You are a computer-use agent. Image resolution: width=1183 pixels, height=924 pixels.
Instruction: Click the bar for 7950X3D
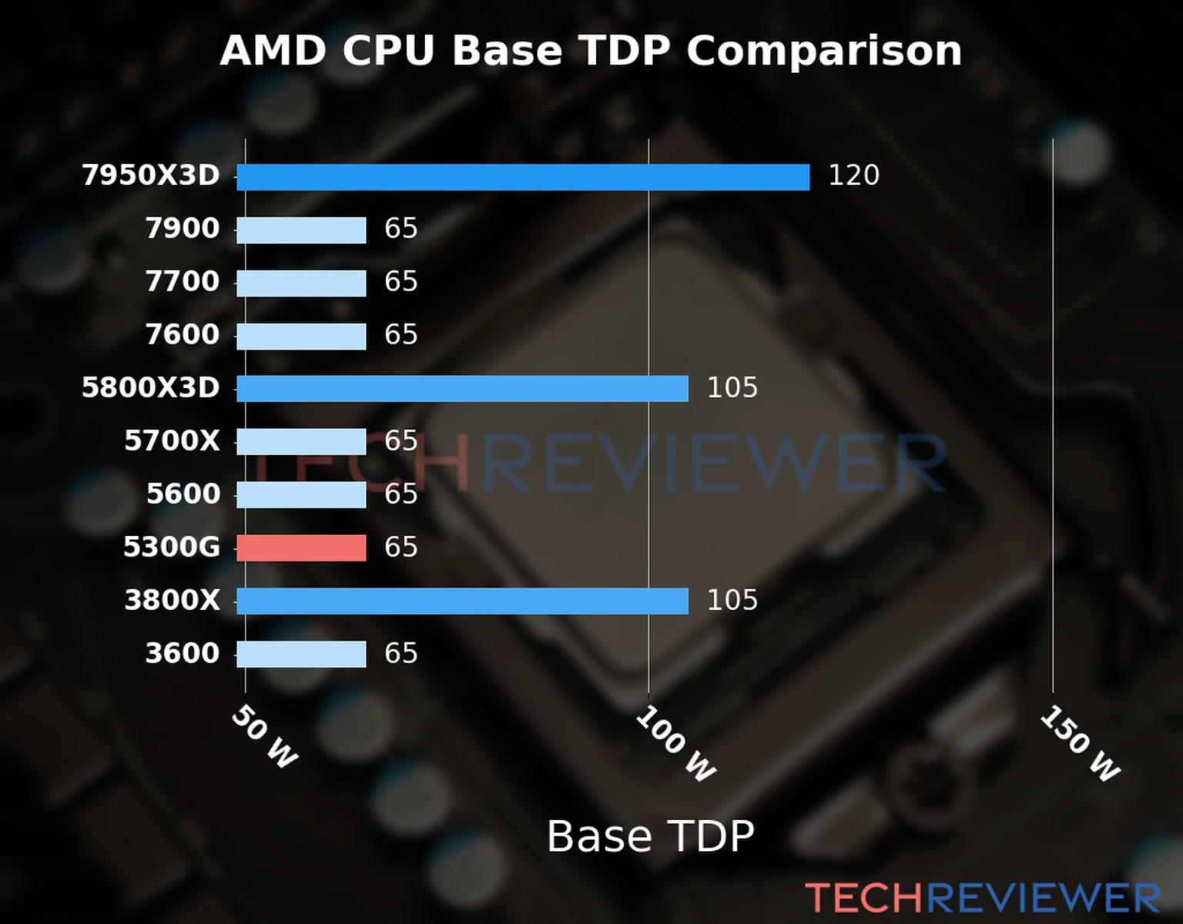click(523, 177)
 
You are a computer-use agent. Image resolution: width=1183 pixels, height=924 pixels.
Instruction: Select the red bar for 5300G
click(301, 548)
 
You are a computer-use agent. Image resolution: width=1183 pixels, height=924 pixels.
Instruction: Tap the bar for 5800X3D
click(462, 389)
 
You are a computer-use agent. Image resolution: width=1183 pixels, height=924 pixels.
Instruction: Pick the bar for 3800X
click(462, 601)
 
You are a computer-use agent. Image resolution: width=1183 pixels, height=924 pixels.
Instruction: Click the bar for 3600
click(301, 654)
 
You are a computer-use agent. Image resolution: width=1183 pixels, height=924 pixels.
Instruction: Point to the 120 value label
click(853, 176)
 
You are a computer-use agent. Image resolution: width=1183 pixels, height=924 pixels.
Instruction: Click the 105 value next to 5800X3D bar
click(732, 387)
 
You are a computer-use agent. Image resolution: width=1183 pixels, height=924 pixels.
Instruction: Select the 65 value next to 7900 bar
click(400, 229)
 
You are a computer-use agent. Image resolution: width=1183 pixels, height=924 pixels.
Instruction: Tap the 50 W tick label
click(264, 737)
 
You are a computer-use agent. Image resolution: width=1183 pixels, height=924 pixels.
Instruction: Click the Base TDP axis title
click(650, 836)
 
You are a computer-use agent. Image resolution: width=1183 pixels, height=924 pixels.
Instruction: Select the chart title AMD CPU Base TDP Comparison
click(591, 51)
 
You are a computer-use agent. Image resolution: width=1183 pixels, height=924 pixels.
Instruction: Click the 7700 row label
click(183, 282)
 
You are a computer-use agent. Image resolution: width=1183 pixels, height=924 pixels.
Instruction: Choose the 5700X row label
click(172, 441)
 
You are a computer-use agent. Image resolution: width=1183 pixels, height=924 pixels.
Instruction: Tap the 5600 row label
click(183, 494)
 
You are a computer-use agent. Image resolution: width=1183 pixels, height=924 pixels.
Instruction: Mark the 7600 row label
click(183, 335)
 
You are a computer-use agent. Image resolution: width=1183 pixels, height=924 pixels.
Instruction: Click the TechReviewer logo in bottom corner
click(982, 898)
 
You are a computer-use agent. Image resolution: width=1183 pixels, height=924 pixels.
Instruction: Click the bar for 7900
click(301, 230)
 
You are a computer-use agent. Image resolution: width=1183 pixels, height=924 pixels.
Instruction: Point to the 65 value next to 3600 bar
click(400, 654)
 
